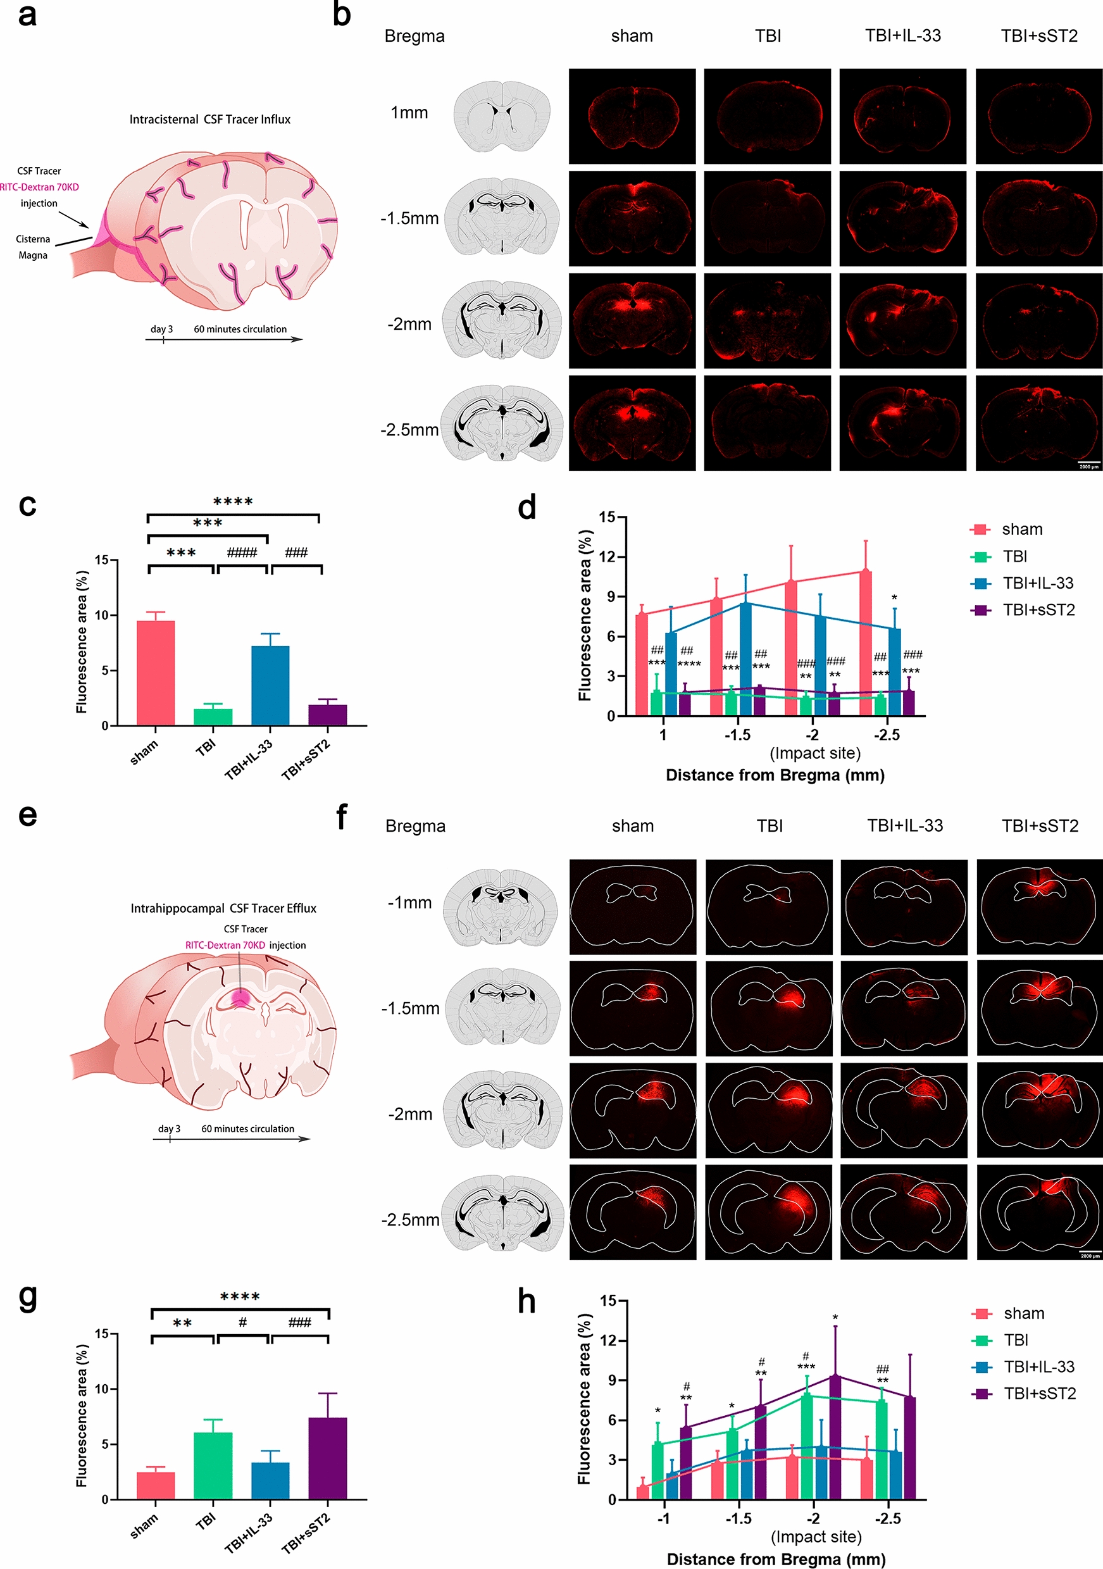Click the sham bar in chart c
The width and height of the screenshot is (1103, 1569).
[155, 673]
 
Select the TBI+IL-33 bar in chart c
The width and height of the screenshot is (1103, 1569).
[270, 685]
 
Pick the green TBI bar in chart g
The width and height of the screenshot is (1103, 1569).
[213, 1465]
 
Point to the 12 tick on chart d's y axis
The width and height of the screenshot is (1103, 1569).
[607, 557]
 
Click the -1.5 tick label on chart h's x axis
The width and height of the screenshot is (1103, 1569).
[738, 1518]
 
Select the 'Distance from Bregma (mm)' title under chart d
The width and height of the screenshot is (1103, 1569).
[775, 775]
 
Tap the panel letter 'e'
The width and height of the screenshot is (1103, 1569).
[27, 815]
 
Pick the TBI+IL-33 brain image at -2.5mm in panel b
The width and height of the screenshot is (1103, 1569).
[903, 423]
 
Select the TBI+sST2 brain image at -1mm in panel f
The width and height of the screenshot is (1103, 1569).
[1038, 906]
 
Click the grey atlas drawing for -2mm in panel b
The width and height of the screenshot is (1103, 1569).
[502, 320]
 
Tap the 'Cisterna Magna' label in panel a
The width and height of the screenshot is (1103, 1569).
[33, 247]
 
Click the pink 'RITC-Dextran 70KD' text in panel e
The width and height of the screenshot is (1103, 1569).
[225, 945]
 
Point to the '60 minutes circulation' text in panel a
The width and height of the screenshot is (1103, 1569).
[240, 328]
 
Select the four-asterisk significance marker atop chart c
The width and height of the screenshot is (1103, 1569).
[233, 502]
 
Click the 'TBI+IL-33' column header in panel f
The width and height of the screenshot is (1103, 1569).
[905, 825]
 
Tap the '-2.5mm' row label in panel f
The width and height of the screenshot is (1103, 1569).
[410, 1219]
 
